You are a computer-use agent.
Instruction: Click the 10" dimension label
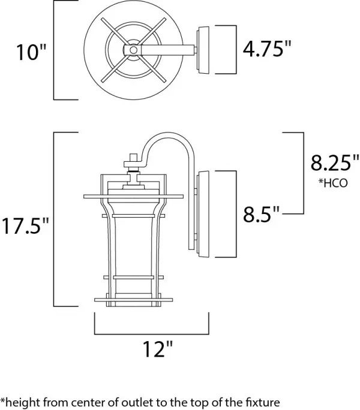tap(30, 52)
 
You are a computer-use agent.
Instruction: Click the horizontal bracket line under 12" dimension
tap(151, 331)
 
